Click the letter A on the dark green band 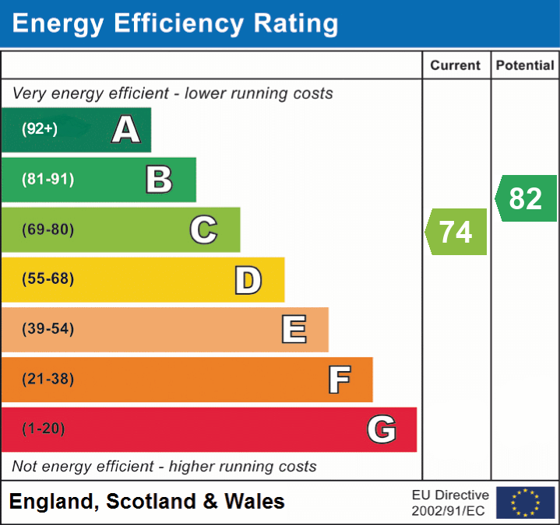(125, 130)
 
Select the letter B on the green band (159, 180)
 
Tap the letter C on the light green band (203, 229)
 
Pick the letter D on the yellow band (248, 280)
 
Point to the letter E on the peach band (294, 330)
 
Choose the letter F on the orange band (339, 380)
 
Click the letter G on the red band (382, 429)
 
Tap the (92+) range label (40, 129)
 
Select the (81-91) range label (48, 180)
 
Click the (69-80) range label (48, 229)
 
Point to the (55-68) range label (48, 279)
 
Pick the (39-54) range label (48, 329)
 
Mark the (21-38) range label (48, 380)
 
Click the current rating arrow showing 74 (456, 232)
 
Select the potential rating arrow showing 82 (526, 198)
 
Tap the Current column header (456, 66)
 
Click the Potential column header (525, 66)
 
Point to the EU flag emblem (525, 502)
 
